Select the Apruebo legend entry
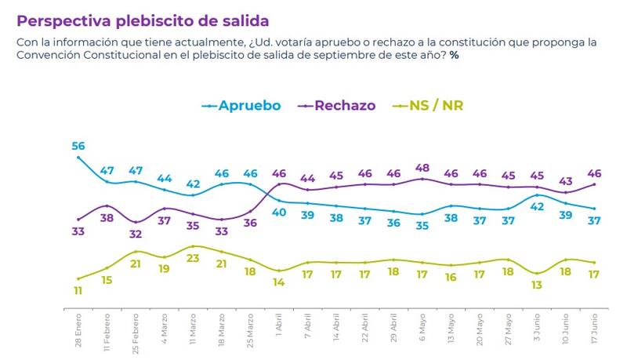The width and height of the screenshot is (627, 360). point(244,105)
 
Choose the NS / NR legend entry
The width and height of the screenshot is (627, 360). point(435,105)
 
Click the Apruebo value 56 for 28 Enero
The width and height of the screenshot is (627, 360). point(78,146)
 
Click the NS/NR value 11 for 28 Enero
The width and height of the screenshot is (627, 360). point(78,290)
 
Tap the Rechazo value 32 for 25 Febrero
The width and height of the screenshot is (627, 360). point(136,234)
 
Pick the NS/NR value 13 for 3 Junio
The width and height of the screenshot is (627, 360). point(537,285)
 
